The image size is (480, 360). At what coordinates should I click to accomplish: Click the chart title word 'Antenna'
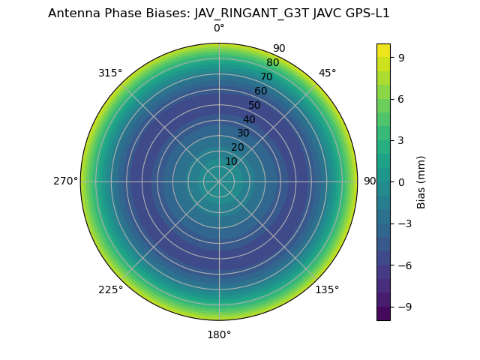click(x=73, y=13)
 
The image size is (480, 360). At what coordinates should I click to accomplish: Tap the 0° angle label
click(x=219, y=28)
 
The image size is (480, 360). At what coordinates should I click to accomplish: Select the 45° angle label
click(x=327, y=73)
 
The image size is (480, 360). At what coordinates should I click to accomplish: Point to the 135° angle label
click(x=327, y=289)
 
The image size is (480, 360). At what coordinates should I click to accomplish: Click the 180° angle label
click(x=219, y=334)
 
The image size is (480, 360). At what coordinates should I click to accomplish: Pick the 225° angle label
click(x=110, y=289)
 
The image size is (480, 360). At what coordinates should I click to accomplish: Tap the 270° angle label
click(x=65, y=181)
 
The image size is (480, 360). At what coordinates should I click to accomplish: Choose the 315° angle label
click(x=110, y=73)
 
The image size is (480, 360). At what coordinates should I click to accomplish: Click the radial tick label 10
click(x=231, y=161)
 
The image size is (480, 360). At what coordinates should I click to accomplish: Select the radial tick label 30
click(x=243, y=133)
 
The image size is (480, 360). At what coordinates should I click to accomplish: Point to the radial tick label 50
click(x=254, y=105)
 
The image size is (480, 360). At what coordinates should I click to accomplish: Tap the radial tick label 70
click(x=266, y=76)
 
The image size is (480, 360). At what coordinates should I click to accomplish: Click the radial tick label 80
click(x=272, y=62)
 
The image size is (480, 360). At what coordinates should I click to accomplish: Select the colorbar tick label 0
click(x=401, y=181)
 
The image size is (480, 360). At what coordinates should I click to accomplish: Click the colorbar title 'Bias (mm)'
click(x=421, y=181)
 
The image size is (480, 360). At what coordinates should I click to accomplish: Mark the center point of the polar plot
click(x=219, y=181)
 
